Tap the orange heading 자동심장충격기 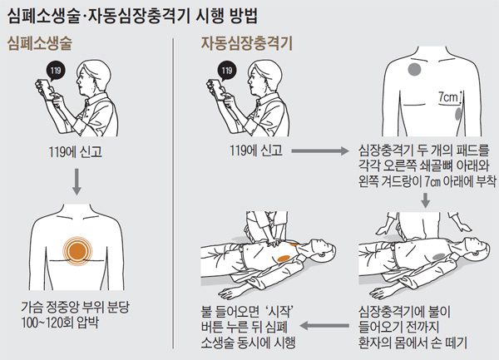[x=240, y=44]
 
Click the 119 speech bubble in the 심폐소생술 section [x=56, y=72]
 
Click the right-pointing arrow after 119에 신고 [x=319, y=150]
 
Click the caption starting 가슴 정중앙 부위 [x=77, y=305]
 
